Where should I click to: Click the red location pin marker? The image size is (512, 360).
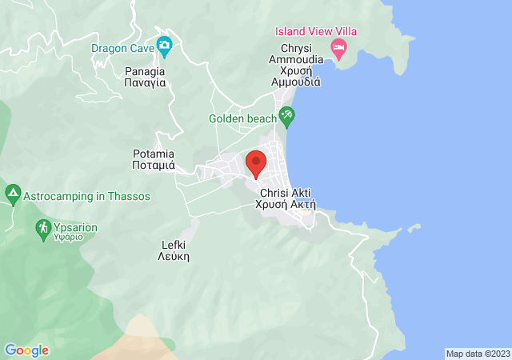256,163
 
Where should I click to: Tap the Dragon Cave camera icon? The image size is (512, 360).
165,44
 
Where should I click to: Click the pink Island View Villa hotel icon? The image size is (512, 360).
339,48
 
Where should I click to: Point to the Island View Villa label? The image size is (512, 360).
316,31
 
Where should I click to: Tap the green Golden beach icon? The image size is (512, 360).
287,118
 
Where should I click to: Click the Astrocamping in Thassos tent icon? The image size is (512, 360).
13,193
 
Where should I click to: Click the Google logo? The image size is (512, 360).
26,350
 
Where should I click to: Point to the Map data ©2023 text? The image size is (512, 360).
477,354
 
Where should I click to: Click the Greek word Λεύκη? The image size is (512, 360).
173,257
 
